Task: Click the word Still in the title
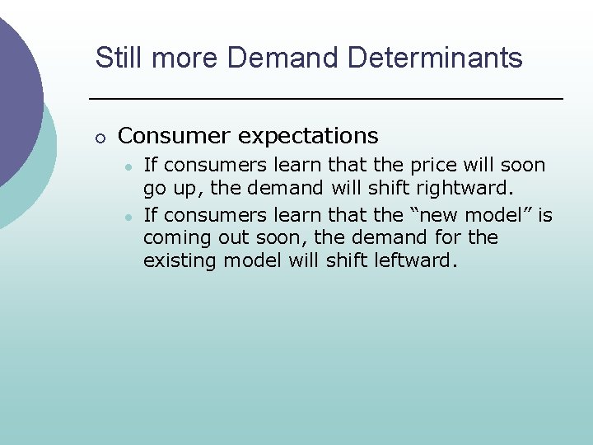pos(114,58)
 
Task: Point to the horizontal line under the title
pos(325,99)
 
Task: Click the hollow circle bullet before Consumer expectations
pos(100,137)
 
